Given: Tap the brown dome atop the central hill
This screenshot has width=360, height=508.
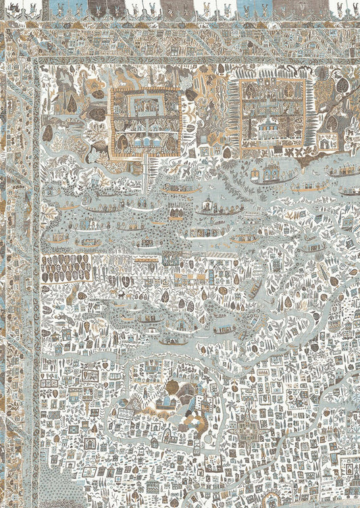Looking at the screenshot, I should pyautogui.click(x=173, y=387).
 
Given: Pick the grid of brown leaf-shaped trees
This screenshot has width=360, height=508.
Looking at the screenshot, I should pyautogui.click(x=66, y=268).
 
